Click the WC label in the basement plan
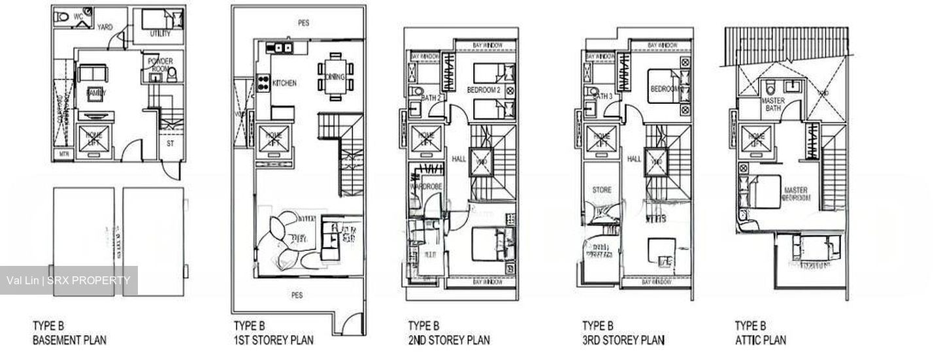point(78,16)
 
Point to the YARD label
point(105,27)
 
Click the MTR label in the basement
point(63,155)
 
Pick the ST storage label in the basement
point(170,142)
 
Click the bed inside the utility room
point(159,19)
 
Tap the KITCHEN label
point(284,84)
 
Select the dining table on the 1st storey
point(335,76)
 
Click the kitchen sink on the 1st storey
point(282,47)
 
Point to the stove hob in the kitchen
point(263,83)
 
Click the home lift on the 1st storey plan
point(273,139)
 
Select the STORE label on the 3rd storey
point(602,190)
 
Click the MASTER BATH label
point(773,105)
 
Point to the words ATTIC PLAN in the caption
point(761,340)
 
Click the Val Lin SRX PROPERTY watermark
point(69,281)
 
